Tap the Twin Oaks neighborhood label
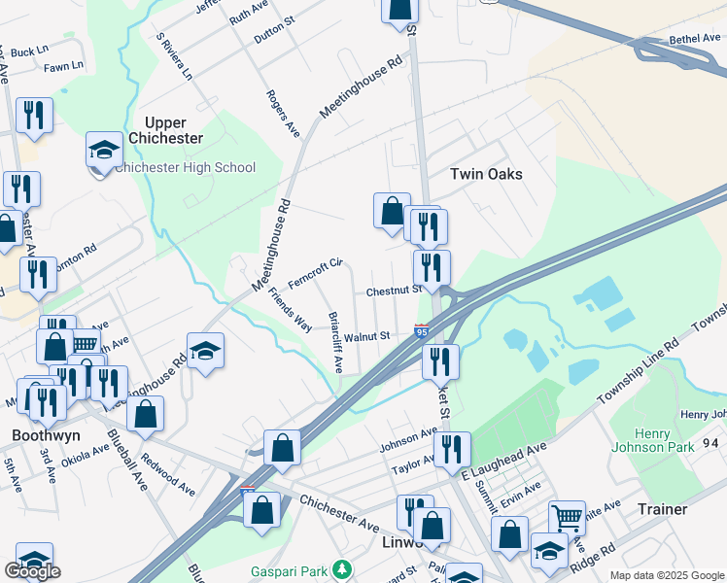(486, 174)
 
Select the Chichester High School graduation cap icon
(104, 152)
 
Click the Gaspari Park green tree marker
(341, 568)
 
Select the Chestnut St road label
(393, 291)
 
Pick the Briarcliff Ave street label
(334, 343)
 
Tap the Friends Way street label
(290, 308)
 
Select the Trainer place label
(662, 509)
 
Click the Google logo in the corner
(32, 571)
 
